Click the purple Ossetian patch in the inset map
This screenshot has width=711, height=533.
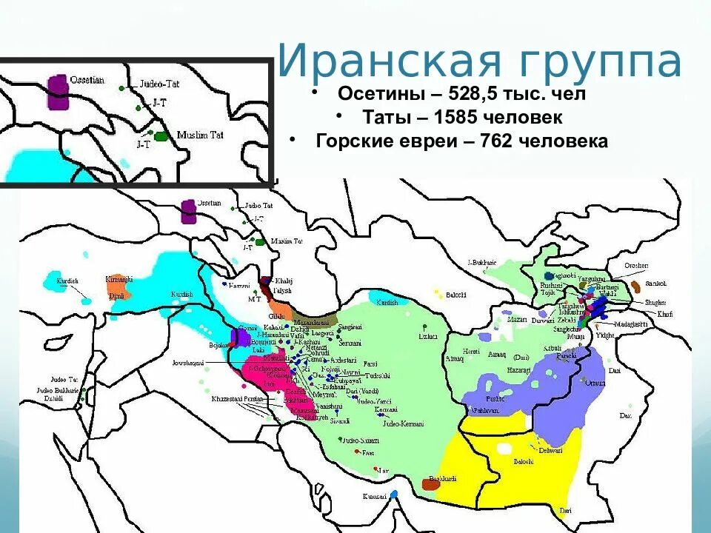[x=57, y=90]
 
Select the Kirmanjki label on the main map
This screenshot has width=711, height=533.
[x=118, y=279]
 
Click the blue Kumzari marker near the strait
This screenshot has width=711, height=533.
[x=394, y=493]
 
